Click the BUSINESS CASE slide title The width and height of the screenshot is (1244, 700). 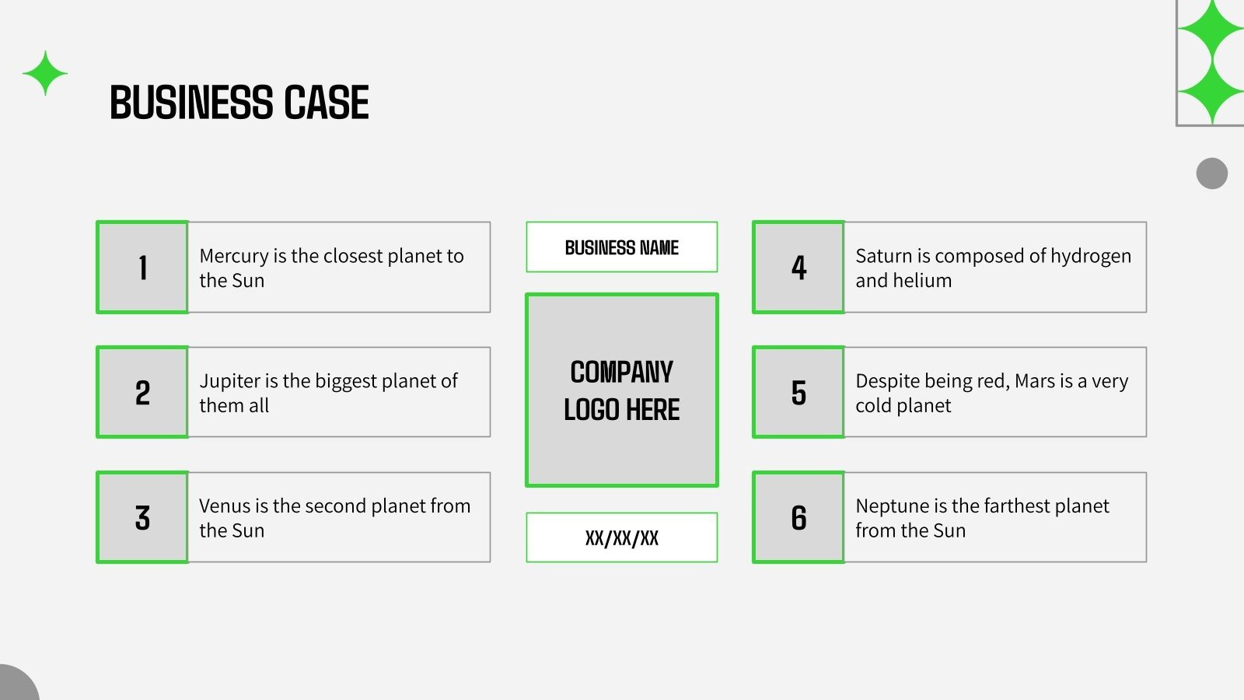pos(239,102)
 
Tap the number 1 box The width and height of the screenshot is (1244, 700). pos(142,268)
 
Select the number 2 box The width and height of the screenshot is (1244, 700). pos(142,392)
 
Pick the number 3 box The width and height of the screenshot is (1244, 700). pos(142,517)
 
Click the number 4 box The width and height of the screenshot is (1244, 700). pos(798,268)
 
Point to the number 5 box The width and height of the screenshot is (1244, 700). pos(798,392)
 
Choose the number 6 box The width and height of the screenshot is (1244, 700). pos(798,517)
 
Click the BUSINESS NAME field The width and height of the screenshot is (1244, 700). pos(622,247)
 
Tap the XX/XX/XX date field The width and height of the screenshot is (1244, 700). pos(622,537)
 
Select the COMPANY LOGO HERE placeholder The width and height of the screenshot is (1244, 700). pos(622,390)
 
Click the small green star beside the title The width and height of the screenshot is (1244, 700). pos(45,73)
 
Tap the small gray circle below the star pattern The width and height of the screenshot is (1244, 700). pos(1212,173)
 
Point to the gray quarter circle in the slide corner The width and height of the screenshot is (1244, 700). pos(16,684)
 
